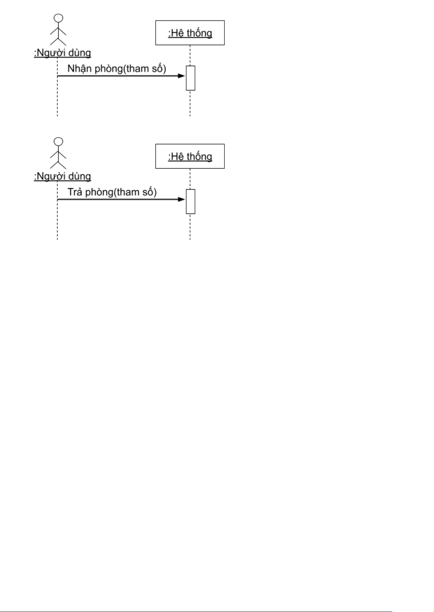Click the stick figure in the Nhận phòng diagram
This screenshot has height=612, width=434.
pos(58,31)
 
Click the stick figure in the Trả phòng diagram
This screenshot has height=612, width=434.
pos(58,154)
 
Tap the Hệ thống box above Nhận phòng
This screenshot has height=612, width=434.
pos(190,33)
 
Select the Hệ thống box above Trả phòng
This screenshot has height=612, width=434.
pos(190,156)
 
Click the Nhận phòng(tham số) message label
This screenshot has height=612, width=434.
pos(117,69)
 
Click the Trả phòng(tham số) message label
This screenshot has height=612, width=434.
pos(112,192)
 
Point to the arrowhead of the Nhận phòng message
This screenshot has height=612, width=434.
pos(182,76)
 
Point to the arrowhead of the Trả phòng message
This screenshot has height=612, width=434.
pos(182,199)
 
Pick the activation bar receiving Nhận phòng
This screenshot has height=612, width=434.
pos(190,78)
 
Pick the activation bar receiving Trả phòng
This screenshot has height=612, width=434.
pos(190,202)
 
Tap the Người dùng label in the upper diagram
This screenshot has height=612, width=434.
pos(63,53)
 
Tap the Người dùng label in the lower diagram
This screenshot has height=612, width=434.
pos(63,177)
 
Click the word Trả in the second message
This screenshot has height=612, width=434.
pos(75,192)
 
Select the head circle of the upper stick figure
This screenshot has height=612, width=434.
pos(58,18)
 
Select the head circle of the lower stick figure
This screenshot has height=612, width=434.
pos(58,142)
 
